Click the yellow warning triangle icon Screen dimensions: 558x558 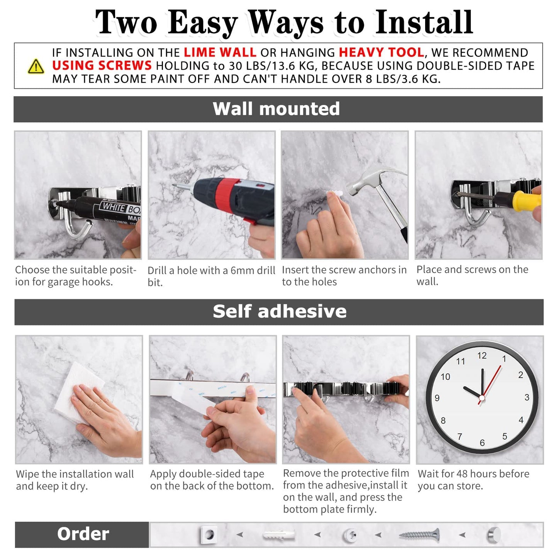(x=36, y=66)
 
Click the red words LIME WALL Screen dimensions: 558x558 (x=220, y=53)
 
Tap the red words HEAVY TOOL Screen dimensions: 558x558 (x=381, y=53)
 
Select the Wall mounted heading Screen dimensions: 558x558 (x=276, y=109)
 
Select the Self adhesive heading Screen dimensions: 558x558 (x=279, y=312)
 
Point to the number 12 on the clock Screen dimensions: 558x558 (x=482, y=356)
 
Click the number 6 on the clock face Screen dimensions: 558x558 (x=482, y=443)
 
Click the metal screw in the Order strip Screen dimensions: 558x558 (x=419, y=535)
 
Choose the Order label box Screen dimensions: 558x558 (x=82, y=534)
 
